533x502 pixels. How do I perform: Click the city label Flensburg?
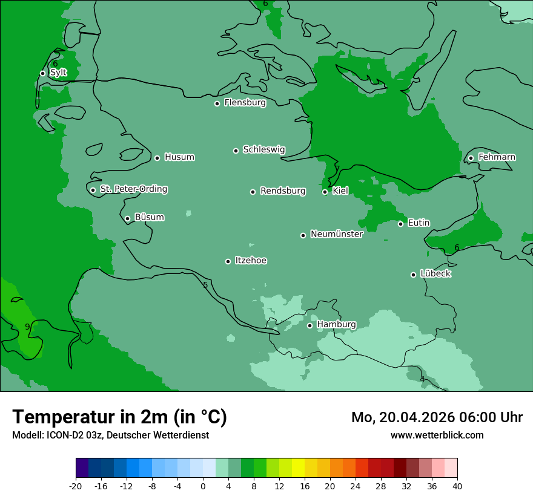(245, 103)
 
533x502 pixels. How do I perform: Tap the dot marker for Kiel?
(325, 192)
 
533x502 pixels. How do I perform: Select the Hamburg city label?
(336, 325)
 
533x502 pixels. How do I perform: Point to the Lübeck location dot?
(413, 275)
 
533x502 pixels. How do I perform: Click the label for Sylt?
(58, 73)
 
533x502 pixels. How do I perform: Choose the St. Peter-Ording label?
(133, 189)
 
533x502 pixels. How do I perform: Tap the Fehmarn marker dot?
(471, 158)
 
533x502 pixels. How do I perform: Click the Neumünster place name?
(336, 234)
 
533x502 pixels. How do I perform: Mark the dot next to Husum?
(157, 158)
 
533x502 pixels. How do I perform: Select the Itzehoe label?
(251, 261)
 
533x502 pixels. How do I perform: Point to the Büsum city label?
(149, 217)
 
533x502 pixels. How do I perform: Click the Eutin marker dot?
(400, 224)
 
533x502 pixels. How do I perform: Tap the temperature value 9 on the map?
(27, 327)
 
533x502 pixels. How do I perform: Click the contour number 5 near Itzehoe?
(205, 285)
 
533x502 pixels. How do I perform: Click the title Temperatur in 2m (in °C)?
(119, 417)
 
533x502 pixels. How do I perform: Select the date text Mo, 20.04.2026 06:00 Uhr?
(437, 417)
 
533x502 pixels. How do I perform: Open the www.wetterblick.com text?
(437, 435)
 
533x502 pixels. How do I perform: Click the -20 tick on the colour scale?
(76, 486)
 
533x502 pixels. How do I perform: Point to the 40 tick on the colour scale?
(457, 486)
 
